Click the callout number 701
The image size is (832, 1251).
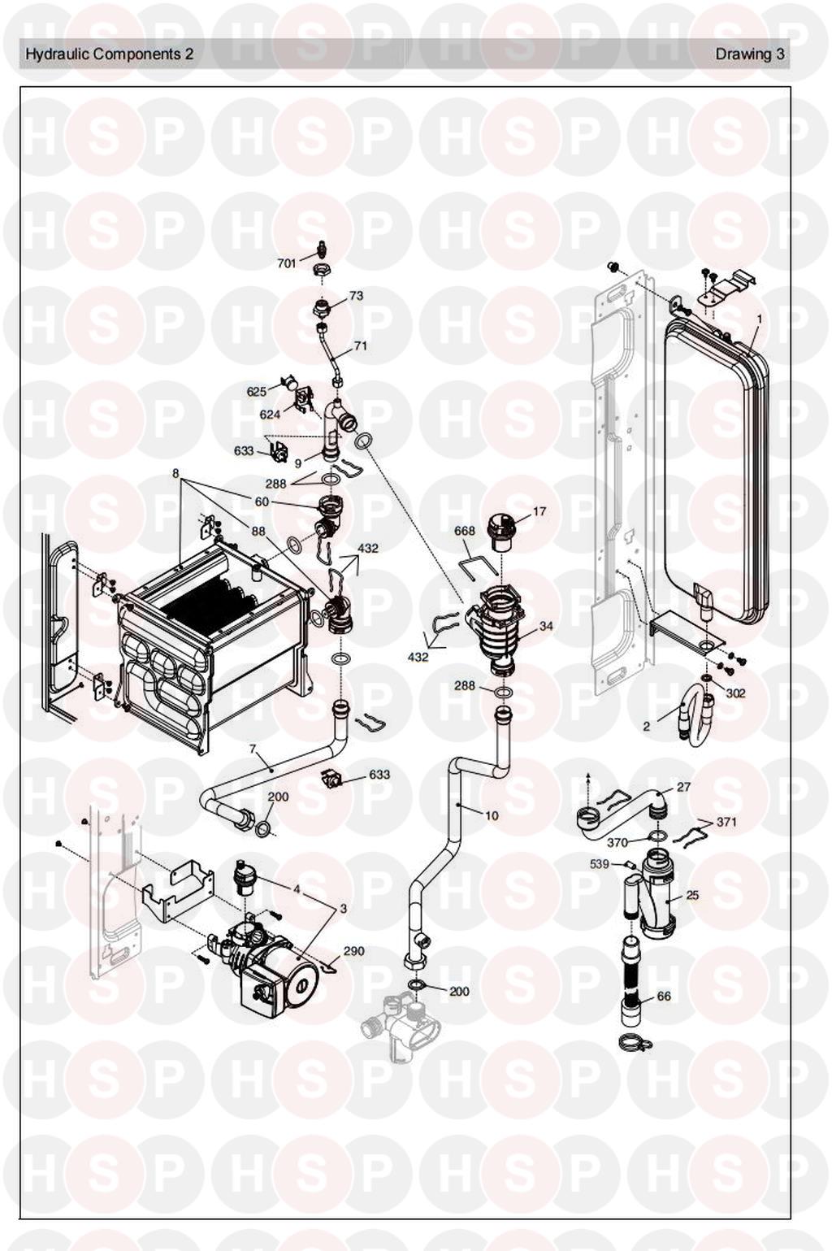[x=287, y=263]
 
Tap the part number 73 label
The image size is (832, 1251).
[x=356, y=295]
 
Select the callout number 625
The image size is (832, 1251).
[x=256, y=392]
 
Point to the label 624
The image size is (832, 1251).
[x=271, y=415]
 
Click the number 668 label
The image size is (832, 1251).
[x=464, y=530]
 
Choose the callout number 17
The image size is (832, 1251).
[x=539, y=511]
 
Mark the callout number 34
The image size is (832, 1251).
[x=545, y=626]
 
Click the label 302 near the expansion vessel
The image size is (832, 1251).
[x=736, y=693]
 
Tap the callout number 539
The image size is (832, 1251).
[x=599, y=864]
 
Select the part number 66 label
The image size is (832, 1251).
[x=664, y=996]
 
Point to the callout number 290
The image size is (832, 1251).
[x=354, y=950]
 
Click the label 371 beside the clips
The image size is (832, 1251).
[x=726, y=822]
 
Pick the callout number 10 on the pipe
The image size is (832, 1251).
[x=492, y=816]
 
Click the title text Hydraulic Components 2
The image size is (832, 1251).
[x=110, y=54]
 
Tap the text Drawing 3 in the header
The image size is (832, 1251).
[x=750, y=54]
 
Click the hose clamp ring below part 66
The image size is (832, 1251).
[x=630, y=1041]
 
